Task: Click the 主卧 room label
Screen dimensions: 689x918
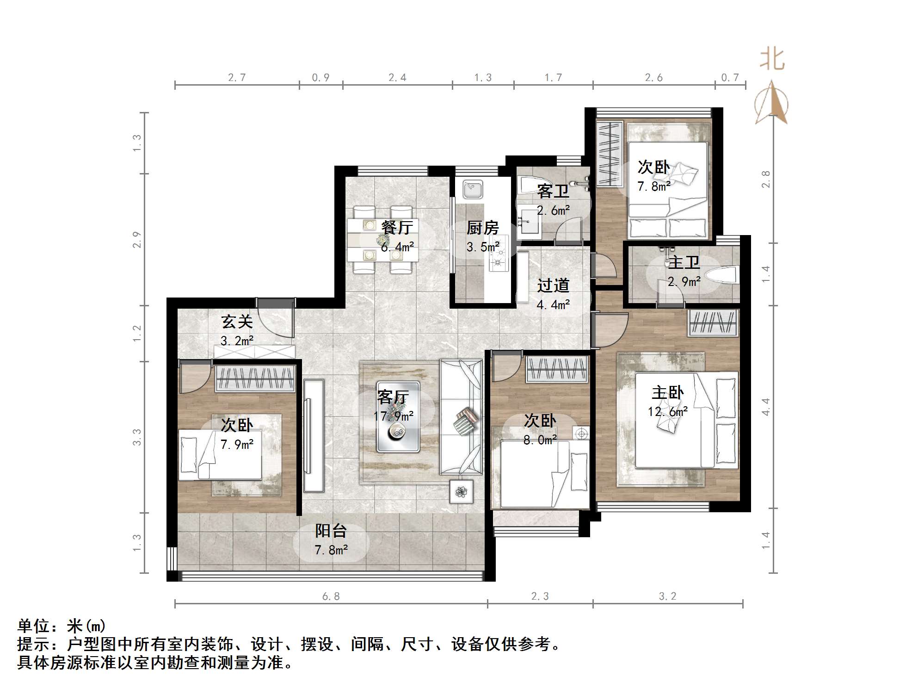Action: (667, 393)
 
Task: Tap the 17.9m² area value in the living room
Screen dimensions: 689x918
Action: (394, 416)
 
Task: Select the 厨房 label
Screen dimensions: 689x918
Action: (482, 228)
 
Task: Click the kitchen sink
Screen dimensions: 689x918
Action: (473, 189)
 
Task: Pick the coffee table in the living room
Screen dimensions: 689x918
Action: (398, 416)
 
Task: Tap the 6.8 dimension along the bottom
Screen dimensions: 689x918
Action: (331, 596)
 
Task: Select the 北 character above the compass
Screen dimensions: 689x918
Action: (772, 60)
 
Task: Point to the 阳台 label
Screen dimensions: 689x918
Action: (331, 531)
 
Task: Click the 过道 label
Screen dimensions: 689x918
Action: (553, 286)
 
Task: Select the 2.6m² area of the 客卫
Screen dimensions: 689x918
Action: (553, 211)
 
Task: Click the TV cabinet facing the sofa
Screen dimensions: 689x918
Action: (314, 435)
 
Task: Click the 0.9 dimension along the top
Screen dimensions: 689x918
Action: (320, 78)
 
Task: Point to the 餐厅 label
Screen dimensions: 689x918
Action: (397, 227)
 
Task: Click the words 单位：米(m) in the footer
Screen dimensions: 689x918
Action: (62, 626)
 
